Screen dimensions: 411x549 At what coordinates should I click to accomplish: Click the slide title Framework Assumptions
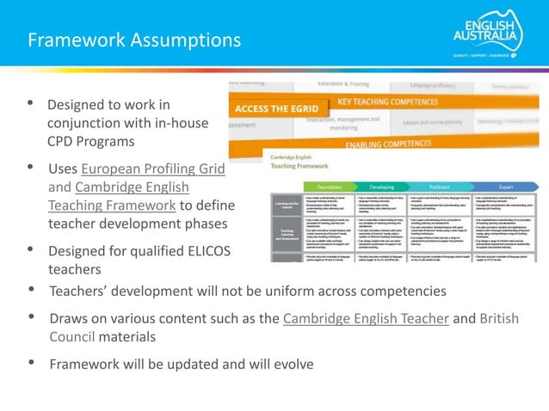[134, 40]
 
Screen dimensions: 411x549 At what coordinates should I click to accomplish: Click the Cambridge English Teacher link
[366, 318]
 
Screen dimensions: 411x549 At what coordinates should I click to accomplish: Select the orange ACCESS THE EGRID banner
[276, 108]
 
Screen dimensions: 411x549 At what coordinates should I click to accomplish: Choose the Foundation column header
[328, 186]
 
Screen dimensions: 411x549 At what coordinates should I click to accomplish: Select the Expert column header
[505, 186]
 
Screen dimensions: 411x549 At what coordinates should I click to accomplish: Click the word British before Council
[498, 318]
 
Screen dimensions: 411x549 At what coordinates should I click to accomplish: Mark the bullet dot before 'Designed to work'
[31, 104]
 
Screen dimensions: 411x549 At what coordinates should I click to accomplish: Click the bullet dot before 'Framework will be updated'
[31, 364]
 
